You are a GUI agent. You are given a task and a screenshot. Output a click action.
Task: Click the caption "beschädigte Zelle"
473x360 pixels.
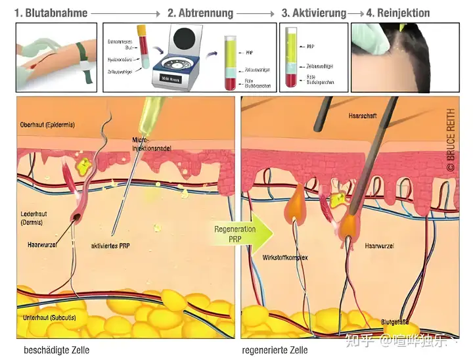coord(56,350)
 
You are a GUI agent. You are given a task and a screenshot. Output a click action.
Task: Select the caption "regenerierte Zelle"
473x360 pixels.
coord(275,350)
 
